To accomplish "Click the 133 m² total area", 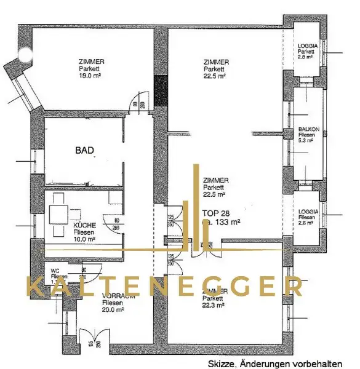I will [228, 223].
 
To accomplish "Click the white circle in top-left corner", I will [25, 54].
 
